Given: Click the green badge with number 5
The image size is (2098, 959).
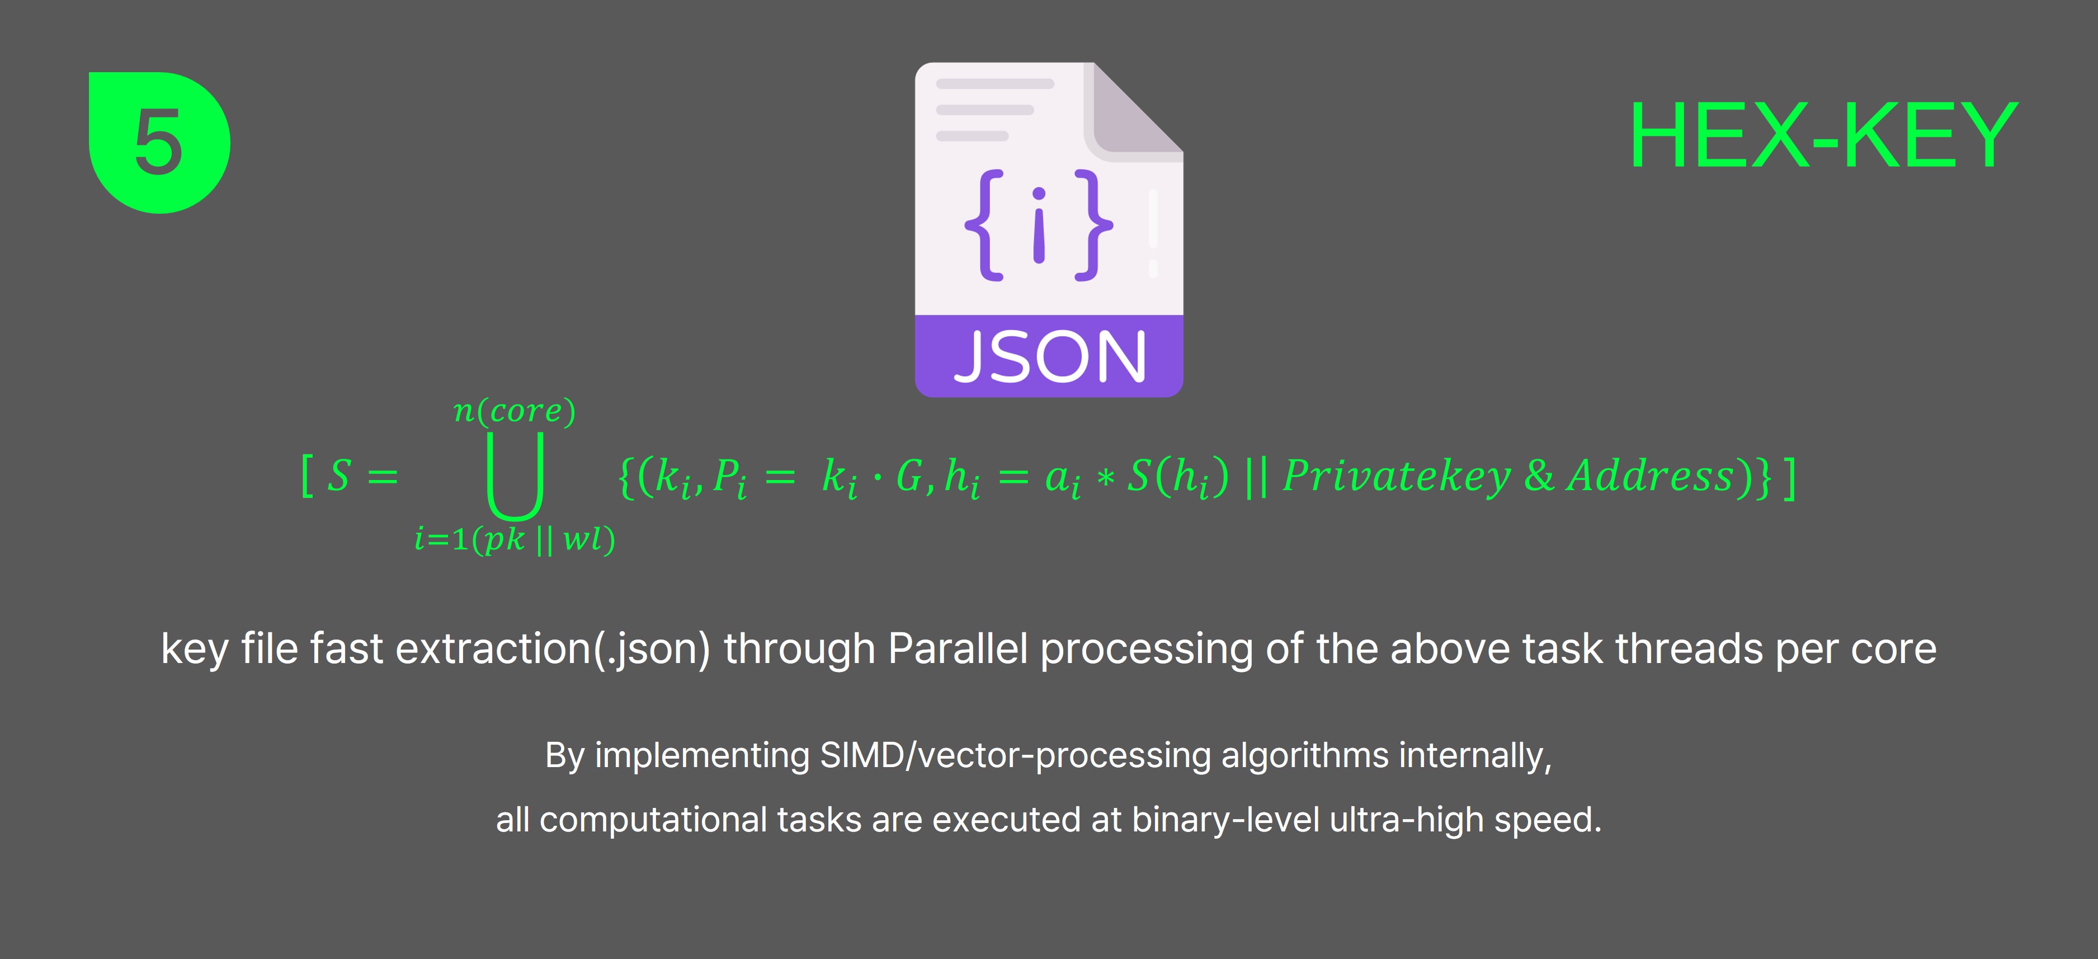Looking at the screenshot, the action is click(x=159, y=143).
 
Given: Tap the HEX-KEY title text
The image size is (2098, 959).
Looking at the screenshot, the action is click(x=1823, y=136).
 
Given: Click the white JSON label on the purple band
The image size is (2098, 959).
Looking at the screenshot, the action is click(x=1050, y=357).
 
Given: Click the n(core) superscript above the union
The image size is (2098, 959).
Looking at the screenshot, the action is click(x=515, y=411).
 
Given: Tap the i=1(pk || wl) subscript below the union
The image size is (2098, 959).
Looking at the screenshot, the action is click(x=515, y=539).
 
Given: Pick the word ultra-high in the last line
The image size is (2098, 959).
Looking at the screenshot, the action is click(x=1406, y=820).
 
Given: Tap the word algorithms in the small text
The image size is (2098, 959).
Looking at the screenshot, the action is click(x=1305, y=756).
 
